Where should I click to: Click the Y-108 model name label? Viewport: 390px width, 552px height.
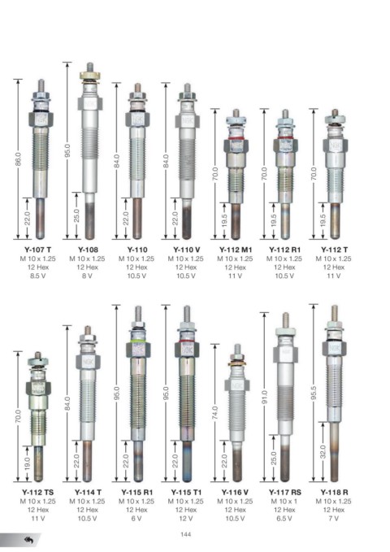click(88, 250)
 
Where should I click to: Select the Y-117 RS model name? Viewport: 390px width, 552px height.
click(284, 492)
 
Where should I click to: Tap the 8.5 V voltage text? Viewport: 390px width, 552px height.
click(38, 276)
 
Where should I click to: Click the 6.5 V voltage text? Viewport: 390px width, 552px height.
click(284, 518)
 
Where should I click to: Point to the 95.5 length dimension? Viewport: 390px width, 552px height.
click(314, 393)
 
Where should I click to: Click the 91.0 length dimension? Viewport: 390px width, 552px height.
click(265, 397)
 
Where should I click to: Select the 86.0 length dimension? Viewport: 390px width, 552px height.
click(19, 159)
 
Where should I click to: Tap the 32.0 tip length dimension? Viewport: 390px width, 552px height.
click(323, 452)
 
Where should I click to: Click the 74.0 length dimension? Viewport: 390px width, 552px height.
click(215, 413)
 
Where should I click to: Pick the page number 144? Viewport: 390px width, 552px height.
click(185, 534)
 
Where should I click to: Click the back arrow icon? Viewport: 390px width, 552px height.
click(28, 540)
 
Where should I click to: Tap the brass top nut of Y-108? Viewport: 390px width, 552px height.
click(90, 76)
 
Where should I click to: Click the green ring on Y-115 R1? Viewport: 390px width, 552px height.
click(138, 341)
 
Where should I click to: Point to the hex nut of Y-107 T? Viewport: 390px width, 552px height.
click(41, 119)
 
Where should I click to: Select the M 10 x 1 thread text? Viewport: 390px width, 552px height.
click(284, 501)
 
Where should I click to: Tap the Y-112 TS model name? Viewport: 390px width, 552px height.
click(38, 492)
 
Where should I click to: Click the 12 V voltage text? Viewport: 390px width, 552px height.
click(186, 518)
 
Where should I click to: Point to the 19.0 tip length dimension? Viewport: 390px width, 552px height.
click(28, 463)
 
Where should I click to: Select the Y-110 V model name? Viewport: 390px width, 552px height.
click(186, 250)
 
